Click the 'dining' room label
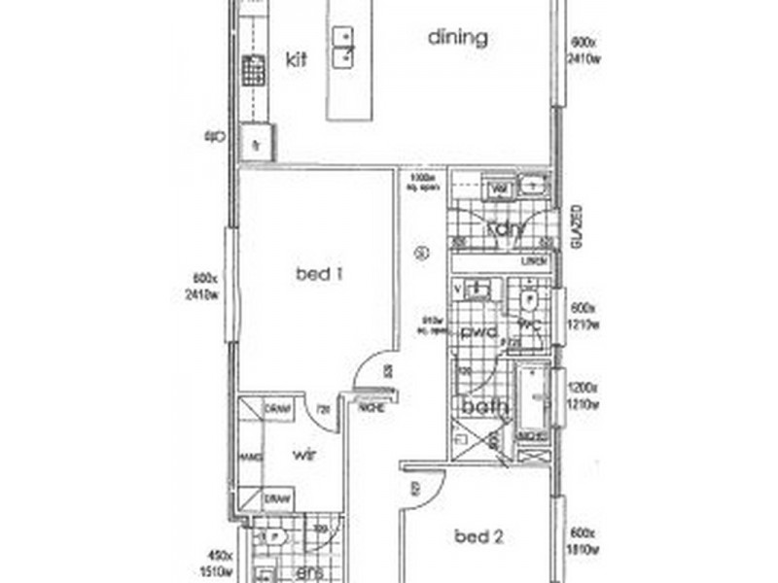458,39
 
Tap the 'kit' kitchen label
296,59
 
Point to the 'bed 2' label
477,535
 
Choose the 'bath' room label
485,407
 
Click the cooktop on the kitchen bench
255,70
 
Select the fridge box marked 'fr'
257,143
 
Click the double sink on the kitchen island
342,48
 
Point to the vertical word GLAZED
576,226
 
